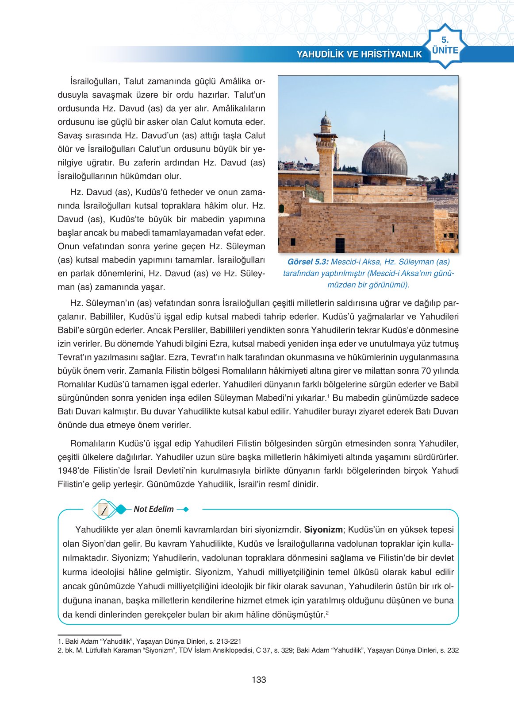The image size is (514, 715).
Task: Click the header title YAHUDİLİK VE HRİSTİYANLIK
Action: (359, 54)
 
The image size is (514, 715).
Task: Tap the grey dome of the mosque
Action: (384, 158)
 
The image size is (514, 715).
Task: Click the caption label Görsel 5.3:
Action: (307, 262)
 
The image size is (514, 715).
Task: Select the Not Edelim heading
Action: (153, 509)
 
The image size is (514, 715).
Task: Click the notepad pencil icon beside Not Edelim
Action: (104, 510)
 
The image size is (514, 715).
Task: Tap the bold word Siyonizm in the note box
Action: (323, 529)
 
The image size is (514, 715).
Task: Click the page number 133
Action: (259, 680)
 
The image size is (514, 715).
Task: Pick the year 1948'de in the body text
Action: (73, 471)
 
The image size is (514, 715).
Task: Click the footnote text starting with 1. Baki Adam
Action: (150, 641)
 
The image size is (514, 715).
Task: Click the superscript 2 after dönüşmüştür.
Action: (327, 613)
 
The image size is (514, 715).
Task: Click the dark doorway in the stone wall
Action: (340, 245)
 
